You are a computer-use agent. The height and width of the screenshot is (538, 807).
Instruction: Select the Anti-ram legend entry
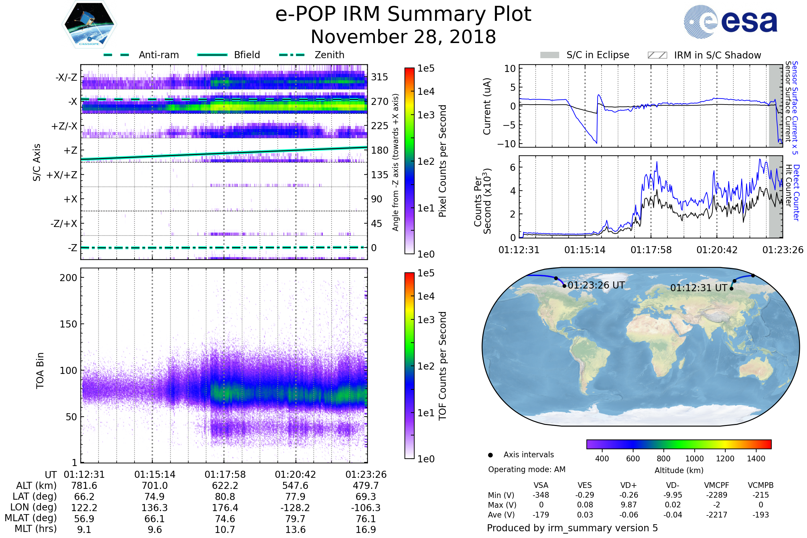[x=158, y=55]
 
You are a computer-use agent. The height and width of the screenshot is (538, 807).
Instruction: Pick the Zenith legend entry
[x=329, y=55]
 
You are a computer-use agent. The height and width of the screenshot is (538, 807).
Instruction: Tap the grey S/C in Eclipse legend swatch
[x=549, y=55]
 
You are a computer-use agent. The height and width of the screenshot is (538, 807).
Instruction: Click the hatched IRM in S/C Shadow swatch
[x=657, y=55]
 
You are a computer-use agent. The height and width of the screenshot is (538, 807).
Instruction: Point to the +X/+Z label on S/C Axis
[x=62, y=175]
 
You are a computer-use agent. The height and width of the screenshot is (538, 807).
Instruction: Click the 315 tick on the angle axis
[x=379, y=77]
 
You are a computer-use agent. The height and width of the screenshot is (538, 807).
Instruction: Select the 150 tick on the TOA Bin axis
[x=68, y=324]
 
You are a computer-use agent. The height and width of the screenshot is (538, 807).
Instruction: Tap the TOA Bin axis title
[x=40, y=370]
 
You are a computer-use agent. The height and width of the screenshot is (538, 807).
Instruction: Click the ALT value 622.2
[x=225, y=486]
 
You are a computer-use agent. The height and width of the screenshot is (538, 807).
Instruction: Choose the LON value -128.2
[x=296, y=508]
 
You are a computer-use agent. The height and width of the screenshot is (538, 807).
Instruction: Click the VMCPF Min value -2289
[x=717, y=495]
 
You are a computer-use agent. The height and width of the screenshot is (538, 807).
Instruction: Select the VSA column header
[x=541, y=486]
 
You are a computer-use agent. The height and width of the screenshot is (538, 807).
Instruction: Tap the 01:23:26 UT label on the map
[x=596, y=285]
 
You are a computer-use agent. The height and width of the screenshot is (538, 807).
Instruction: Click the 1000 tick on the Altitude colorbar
[x=694, y=459]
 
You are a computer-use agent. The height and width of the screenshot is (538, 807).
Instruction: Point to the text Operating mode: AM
[x=527, y=469]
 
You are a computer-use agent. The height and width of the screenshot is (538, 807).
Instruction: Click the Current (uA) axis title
[x=487, y=106]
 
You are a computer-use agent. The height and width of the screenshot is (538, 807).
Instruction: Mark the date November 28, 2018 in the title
[x=403, y=37]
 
